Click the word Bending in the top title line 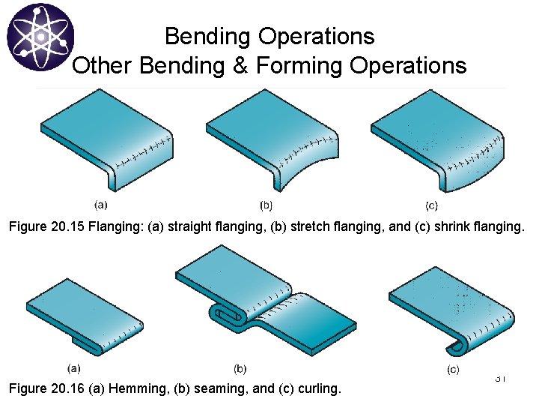tap(205, 36)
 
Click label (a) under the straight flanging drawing tap(101, 203)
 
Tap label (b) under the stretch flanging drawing tap(266, 204)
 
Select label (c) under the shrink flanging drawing tap(432, 205)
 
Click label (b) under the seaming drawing tap(240, 368)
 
